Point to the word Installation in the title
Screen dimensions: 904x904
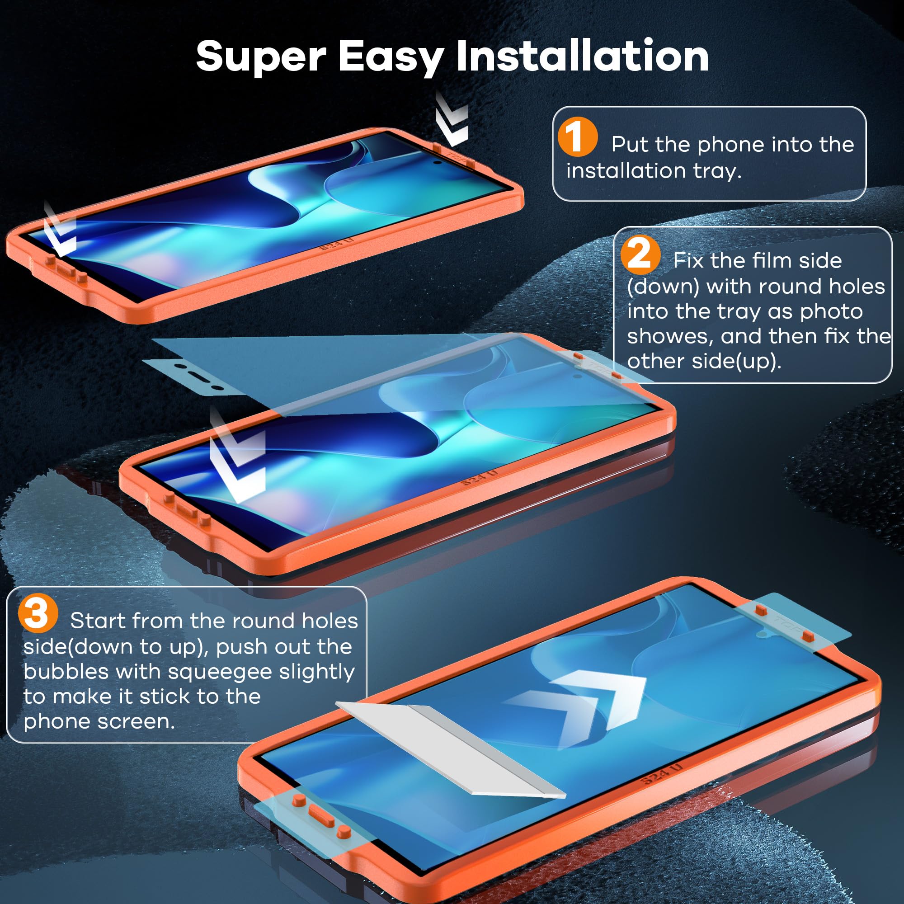[x=582, y=56]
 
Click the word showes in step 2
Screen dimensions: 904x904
[x=670, y=336]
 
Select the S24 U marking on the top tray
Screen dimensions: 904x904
[x=336, y=244]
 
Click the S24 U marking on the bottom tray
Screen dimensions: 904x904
[x=662, y=775]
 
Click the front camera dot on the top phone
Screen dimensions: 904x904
[x=437, y=162]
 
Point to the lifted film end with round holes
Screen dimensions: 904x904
[x=197, y=374]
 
